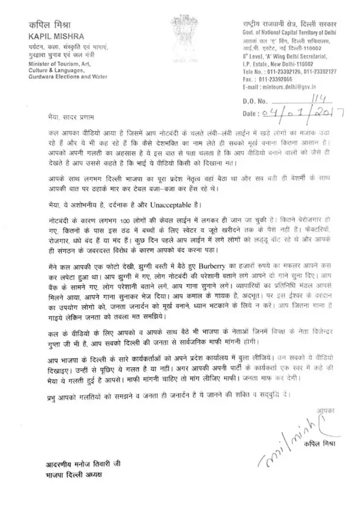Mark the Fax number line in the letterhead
click(264, 80)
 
